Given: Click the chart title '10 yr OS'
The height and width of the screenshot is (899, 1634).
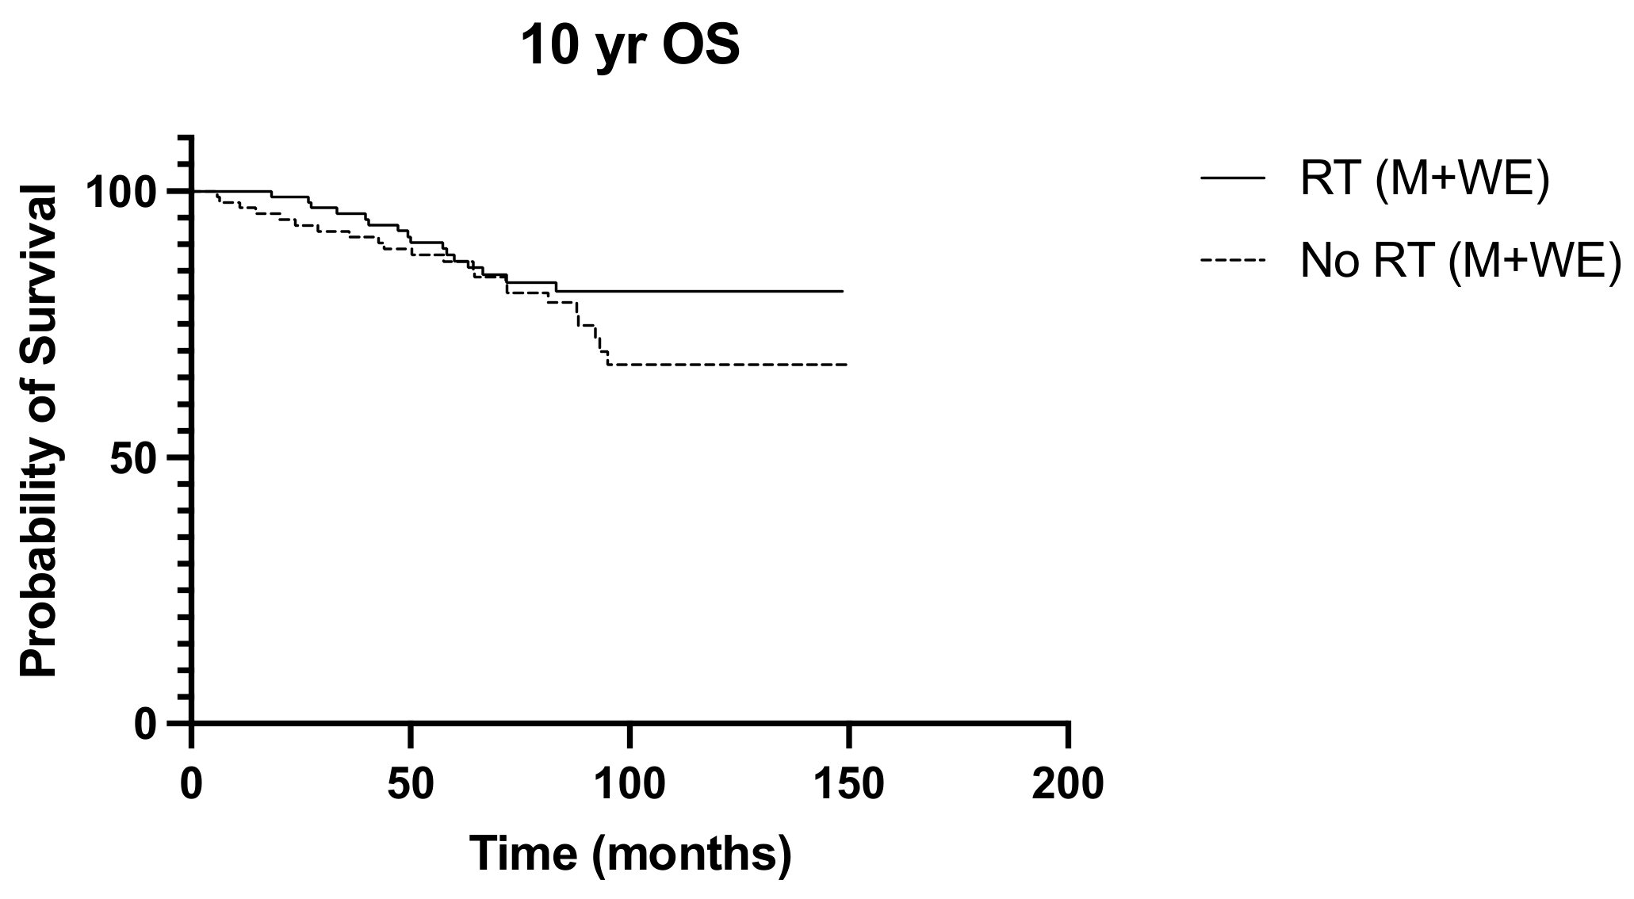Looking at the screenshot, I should pos(630,47).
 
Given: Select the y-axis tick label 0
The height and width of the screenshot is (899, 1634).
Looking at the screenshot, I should pos(146,725).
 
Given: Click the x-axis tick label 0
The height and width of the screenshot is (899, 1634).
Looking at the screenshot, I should pos(191,784).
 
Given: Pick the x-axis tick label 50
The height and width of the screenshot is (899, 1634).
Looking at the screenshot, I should pos(410,784).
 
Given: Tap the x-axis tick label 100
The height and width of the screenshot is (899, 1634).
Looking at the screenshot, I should pos(629,784).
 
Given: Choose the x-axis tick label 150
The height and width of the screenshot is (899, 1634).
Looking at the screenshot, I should pos(848,784).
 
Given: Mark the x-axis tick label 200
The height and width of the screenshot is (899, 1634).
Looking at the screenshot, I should pos(1068,784).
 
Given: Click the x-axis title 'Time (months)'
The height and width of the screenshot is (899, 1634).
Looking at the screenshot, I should pos(630,854).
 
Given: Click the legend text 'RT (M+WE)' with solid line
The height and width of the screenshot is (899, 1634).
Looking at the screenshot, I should pos(1424,180).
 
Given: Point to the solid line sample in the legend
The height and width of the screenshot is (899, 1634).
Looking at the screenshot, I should pos(1232,179).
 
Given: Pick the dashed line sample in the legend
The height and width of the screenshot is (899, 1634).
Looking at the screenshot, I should pos(1232,259).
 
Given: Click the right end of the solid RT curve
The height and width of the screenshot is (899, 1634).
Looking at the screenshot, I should pos(842,291).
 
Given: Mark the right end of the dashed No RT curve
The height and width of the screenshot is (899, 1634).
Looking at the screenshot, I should pos(847,365).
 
